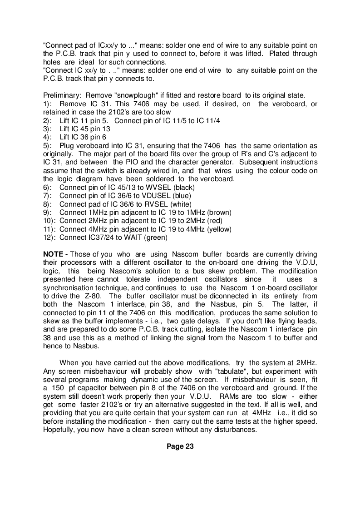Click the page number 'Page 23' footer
180,446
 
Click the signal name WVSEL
161,188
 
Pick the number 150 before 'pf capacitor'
57,388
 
